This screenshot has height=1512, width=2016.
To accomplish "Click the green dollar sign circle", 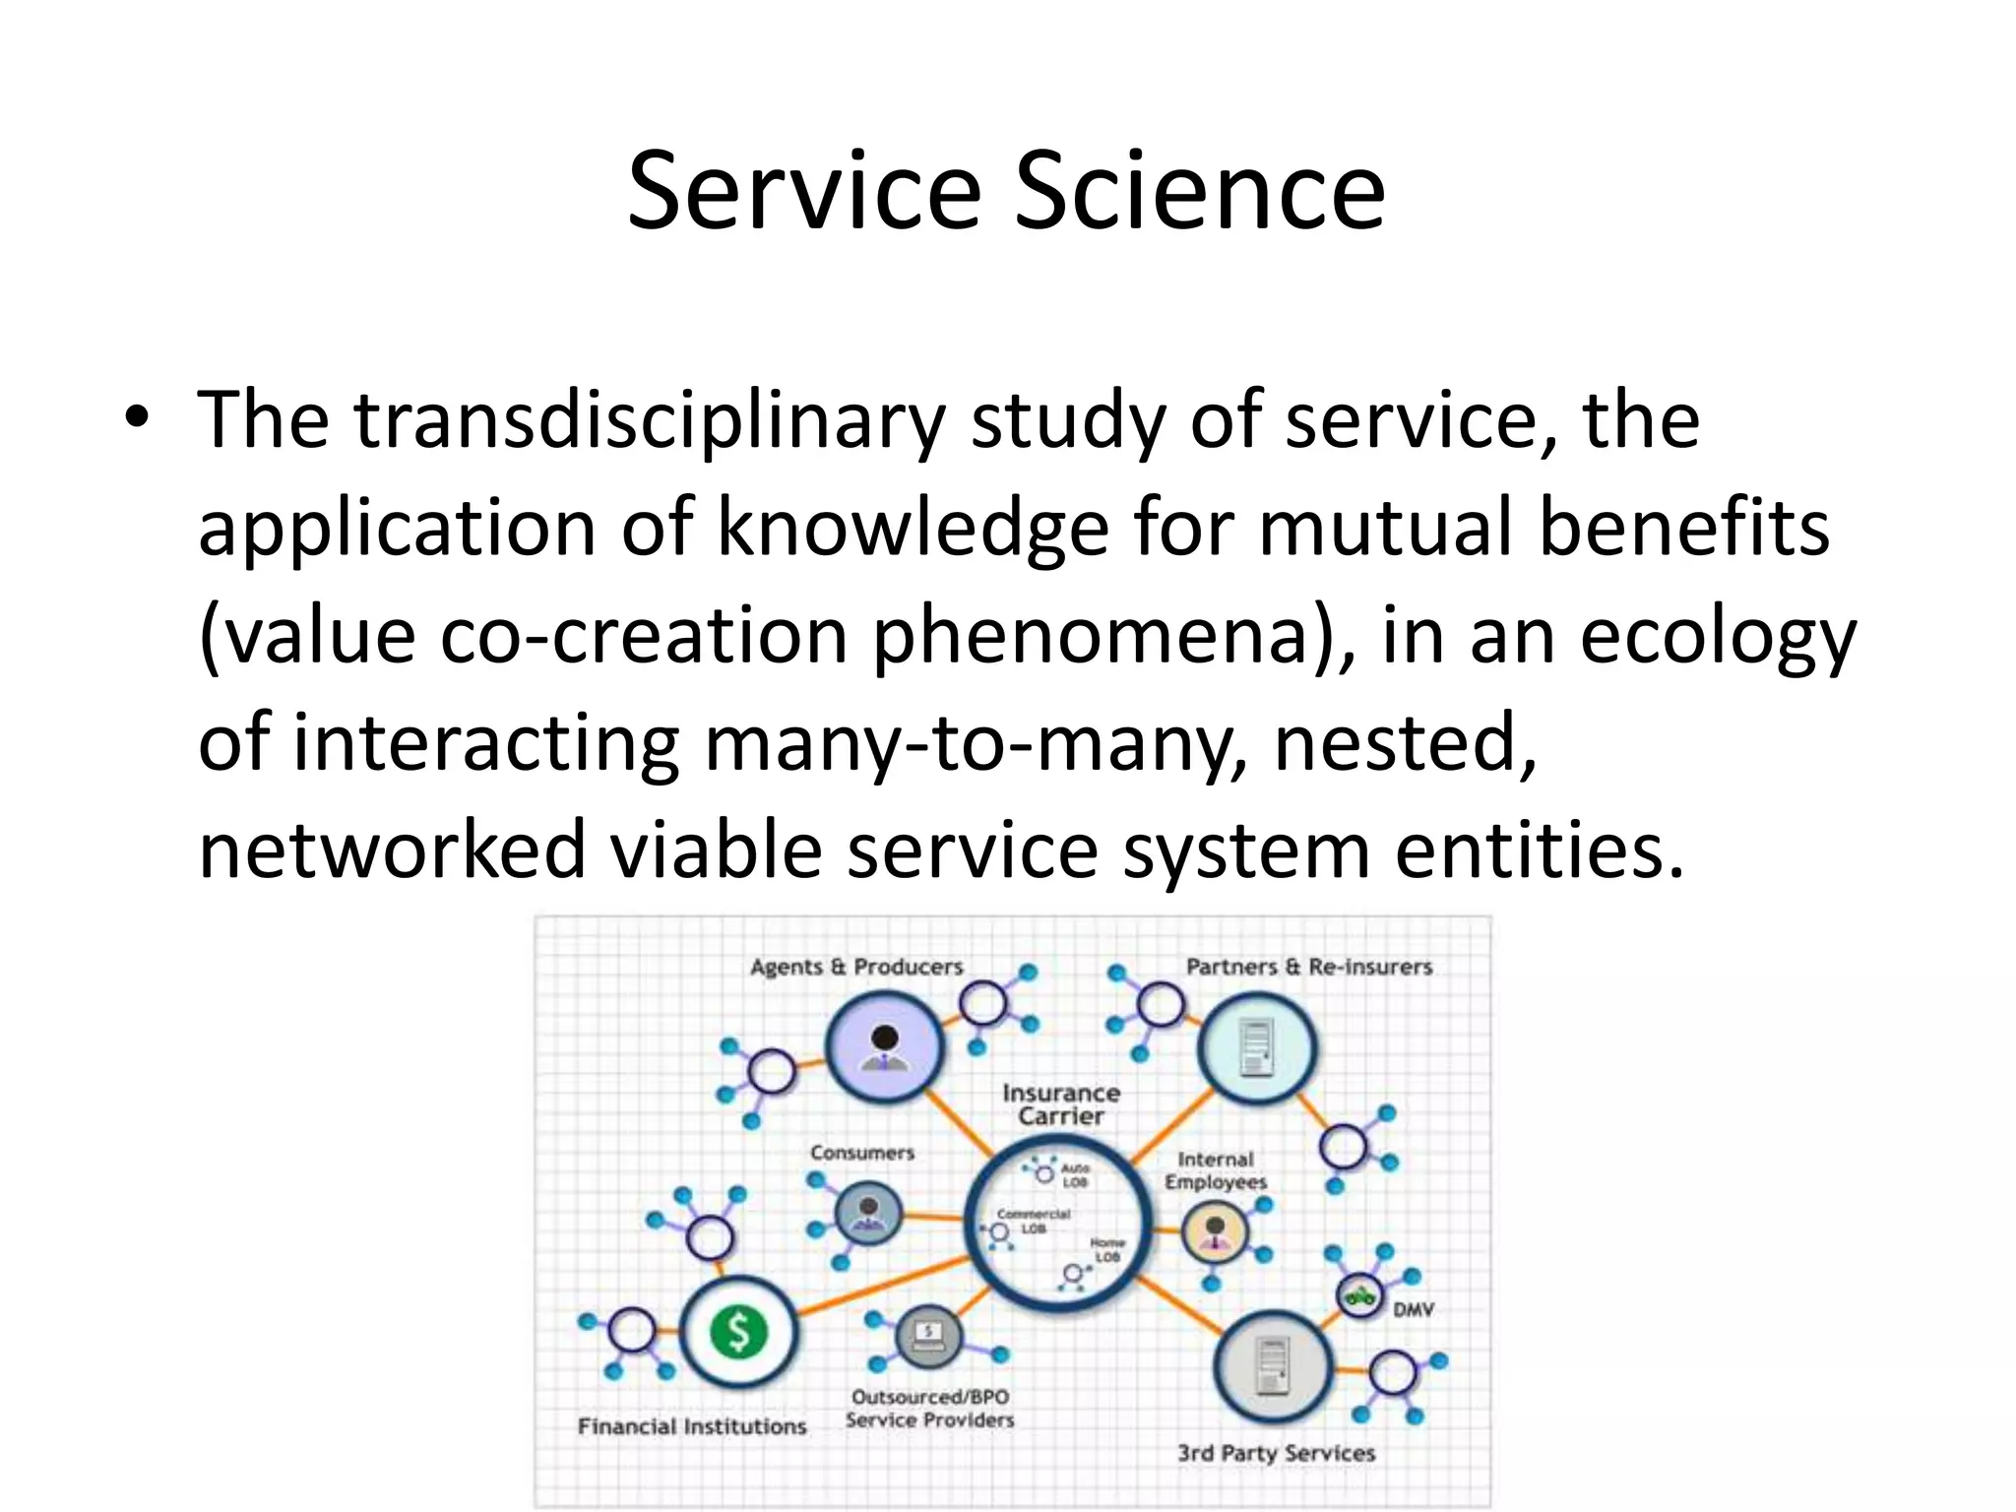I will [x=738, y=1333].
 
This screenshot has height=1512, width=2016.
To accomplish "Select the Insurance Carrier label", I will [x=1060, y=1104].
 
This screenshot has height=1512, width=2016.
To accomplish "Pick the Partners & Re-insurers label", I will [x=1308, y=967].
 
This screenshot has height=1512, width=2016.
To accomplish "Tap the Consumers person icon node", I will [x=868, y=1215].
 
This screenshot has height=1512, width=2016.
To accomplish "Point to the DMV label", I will [x=1413, y=1309].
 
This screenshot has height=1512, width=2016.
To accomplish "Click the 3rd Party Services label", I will [x=1276, y=1453].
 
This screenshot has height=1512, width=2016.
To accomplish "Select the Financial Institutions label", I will [x=691, y=1426].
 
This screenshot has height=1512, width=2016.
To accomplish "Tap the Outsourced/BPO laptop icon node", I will [x=927, y=1337].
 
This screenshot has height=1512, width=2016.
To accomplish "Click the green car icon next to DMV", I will [x=1360, y=1295].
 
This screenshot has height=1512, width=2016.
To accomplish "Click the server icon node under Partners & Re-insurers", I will [x=1257, y=1047].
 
